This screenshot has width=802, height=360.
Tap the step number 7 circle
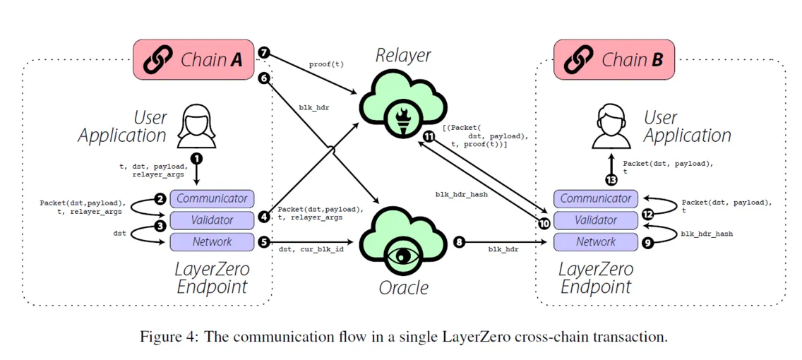point(263,53)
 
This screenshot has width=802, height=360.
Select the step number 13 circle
point(611,179)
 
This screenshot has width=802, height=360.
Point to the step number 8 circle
point(460,242)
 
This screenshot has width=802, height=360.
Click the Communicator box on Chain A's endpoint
point(212,198)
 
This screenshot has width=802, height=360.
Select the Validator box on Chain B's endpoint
point(596,220)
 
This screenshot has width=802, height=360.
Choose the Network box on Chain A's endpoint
point(212,241)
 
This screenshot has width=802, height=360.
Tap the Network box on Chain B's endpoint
point(596,241)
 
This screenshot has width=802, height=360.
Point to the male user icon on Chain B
point(609,125)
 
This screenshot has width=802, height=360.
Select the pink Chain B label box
point(614,60)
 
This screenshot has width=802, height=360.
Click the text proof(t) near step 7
point(326,65)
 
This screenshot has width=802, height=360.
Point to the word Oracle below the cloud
point(403,289)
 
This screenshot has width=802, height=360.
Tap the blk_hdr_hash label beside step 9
point(707,234)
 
